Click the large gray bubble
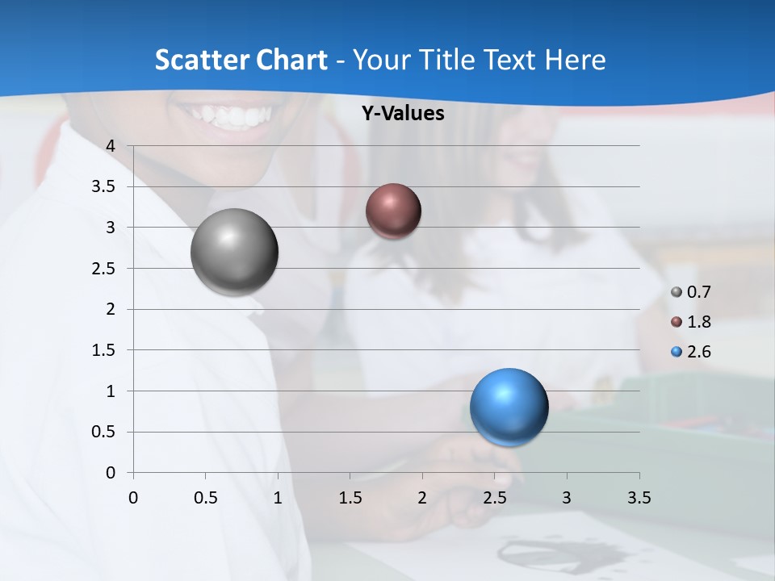tap(235, 252)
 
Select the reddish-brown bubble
tap(393, 211)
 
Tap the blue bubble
tap(509, 407)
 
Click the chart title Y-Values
tap(402, 114)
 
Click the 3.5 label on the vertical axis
tap(104, 187)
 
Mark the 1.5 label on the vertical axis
tap(104, 350)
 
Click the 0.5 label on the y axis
tap(104, 433)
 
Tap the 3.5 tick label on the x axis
tap(639, 498)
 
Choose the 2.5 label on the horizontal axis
tap(494, 498)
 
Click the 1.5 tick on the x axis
tap(350, 498)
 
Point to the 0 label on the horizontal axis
tap(133, 498)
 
